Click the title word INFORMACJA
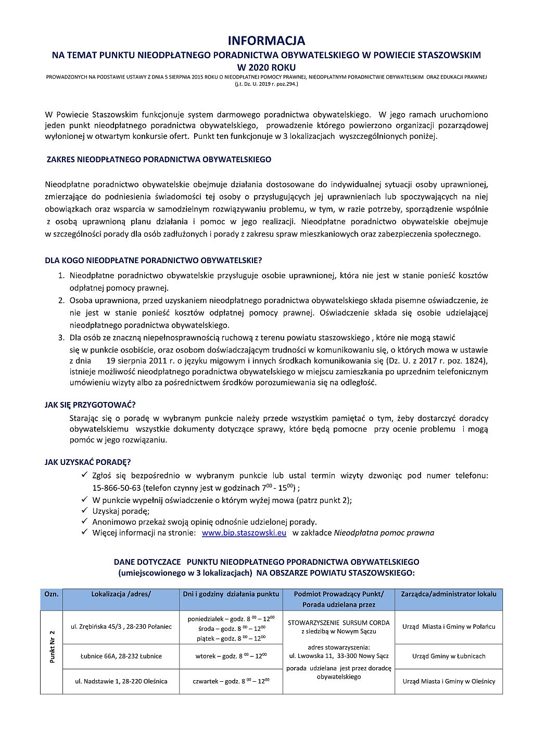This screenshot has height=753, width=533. pyautogui.click(x=266, y=41)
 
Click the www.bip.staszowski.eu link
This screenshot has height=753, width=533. pyautogui.click(x=244, y=533)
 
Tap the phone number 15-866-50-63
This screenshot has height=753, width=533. pyautogui.click(x=117, y=488)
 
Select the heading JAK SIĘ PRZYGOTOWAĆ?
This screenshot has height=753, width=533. pyautogui.click(x=90, y=405)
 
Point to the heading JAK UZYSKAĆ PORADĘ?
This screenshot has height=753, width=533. pyautogui.click(x=87, y=462)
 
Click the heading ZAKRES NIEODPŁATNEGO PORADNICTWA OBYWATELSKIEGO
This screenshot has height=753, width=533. pyautogui.click(x=159, y=160)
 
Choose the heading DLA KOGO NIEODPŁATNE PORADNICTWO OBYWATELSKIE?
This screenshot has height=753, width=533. pyautogui.click(x=154, y=260)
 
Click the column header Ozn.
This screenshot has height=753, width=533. pyautogui.click(x=52, y=594)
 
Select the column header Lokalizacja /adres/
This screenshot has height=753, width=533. pyautogui.click(x=121, y=594)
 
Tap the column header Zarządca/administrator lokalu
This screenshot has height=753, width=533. pyautogui.click(x=449, y=594)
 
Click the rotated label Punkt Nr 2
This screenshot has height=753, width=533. pyautogui.click(x=52, y=646)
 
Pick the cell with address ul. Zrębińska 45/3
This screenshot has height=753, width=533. pyautogui.click(x=121, y=627)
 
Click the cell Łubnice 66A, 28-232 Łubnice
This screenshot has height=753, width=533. pyautogui.click(x=121, y=656)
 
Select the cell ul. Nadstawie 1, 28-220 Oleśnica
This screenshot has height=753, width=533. pyautogui.click(x=121, y=681)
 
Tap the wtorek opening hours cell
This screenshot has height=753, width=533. pyautogui.click(x=231, y=656)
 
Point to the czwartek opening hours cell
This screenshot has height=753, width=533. pyautogui.click(x=231, y=681)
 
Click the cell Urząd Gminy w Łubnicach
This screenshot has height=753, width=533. pyautogui.click(x=449, y=656)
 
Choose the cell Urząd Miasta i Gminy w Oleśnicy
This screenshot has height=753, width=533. pyautogui.click(x=449, y=681)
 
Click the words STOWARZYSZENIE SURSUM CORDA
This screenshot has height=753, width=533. pyautogui.click(x=338, y=622)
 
